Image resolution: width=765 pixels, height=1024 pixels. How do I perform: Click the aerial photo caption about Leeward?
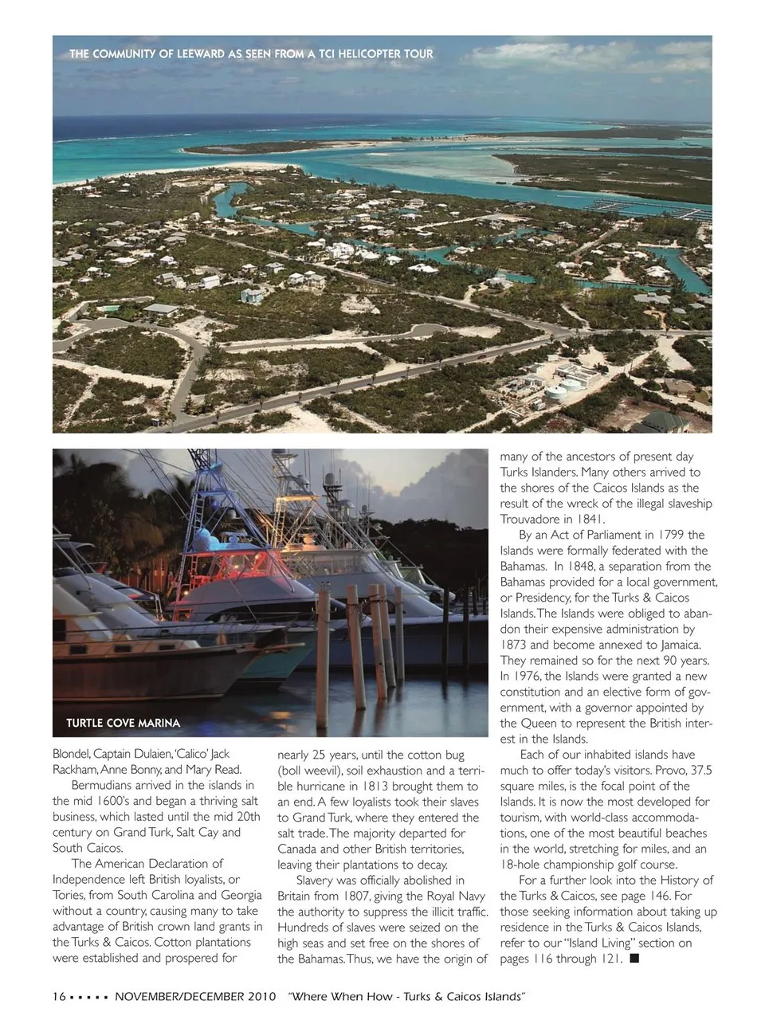click(x=251, y=54)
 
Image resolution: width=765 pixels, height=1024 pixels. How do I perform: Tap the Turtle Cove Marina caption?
click(x=123, y=723)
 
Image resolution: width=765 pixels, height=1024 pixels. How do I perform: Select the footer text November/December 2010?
click(x=194, y=997)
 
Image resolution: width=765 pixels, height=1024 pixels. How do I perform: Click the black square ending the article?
click(x=634, y=958)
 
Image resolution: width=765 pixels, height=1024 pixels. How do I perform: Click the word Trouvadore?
click(x=531, y=519)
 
